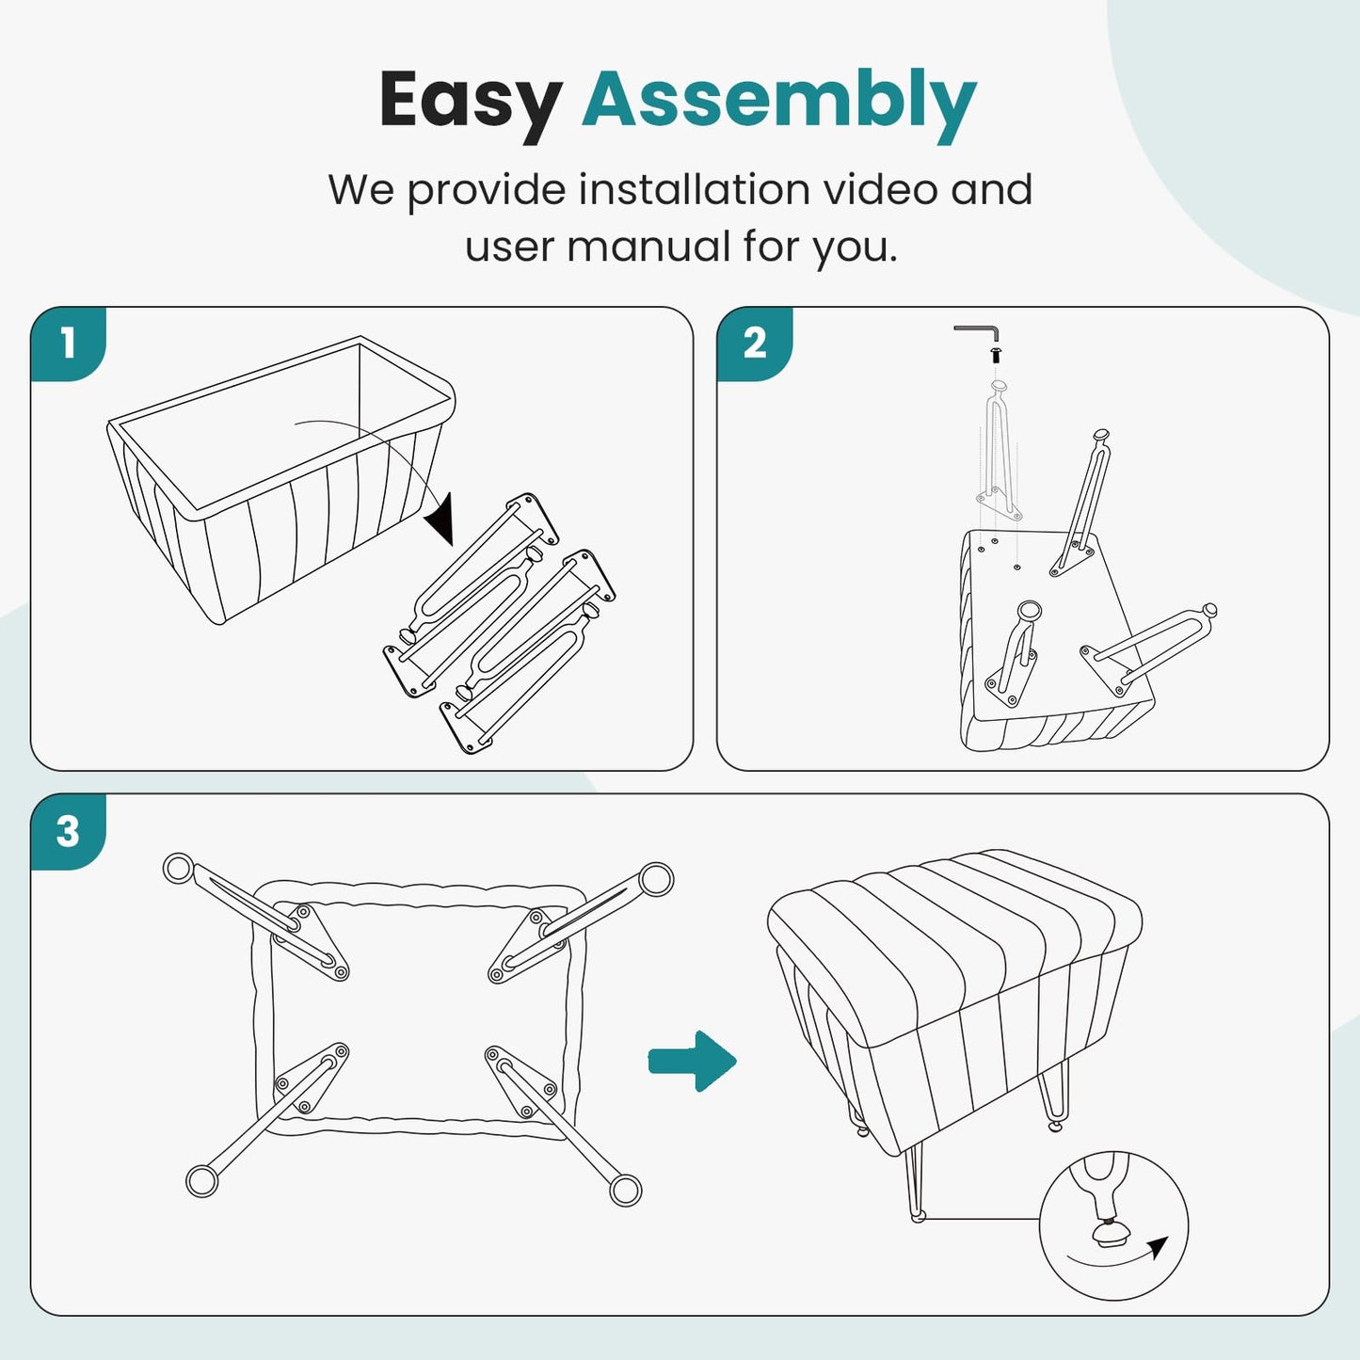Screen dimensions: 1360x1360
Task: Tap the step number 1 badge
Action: pyautogui.click(x=69, y=344)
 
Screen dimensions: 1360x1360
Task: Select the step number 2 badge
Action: pyautogui.click(x=755, y=344)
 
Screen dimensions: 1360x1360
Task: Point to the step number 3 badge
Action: pyautogui.click(x=69, y=831)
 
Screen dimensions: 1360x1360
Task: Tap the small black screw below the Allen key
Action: pyautogui.click(x=995, y=354)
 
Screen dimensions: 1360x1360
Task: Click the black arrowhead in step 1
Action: pyautogui.click(x=440, y=520)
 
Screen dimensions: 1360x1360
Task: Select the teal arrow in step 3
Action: pyautogui.click(x=692, y=1061)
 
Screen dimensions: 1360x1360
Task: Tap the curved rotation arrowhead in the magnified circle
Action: pyautogui.click(x=1158, y=1248)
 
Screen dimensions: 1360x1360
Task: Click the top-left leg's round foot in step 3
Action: pyautogui.click(x=179, y=868)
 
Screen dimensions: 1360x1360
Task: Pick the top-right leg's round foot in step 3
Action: pyautogui.click(x=656, y=879)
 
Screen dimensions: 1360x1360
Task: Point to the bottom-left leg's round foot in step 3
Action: pyautogui.click(x=201, y=1181)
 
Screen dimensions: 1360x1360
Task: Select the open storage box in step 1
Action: pyautogui.click(x=281, y=480)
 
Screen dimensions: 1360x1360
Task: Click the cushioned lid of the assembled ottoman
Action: pyautogui.click(x=954, y=932)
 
